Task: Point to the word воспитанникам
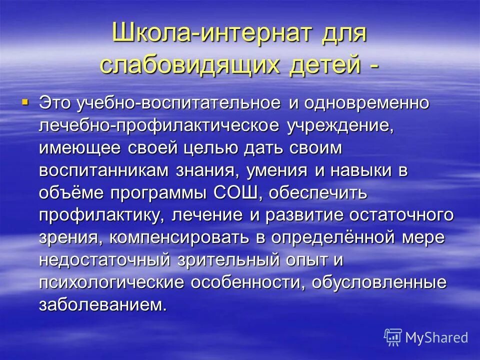tap(105, 170)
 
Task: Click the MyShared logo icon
tap(393, 336)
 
